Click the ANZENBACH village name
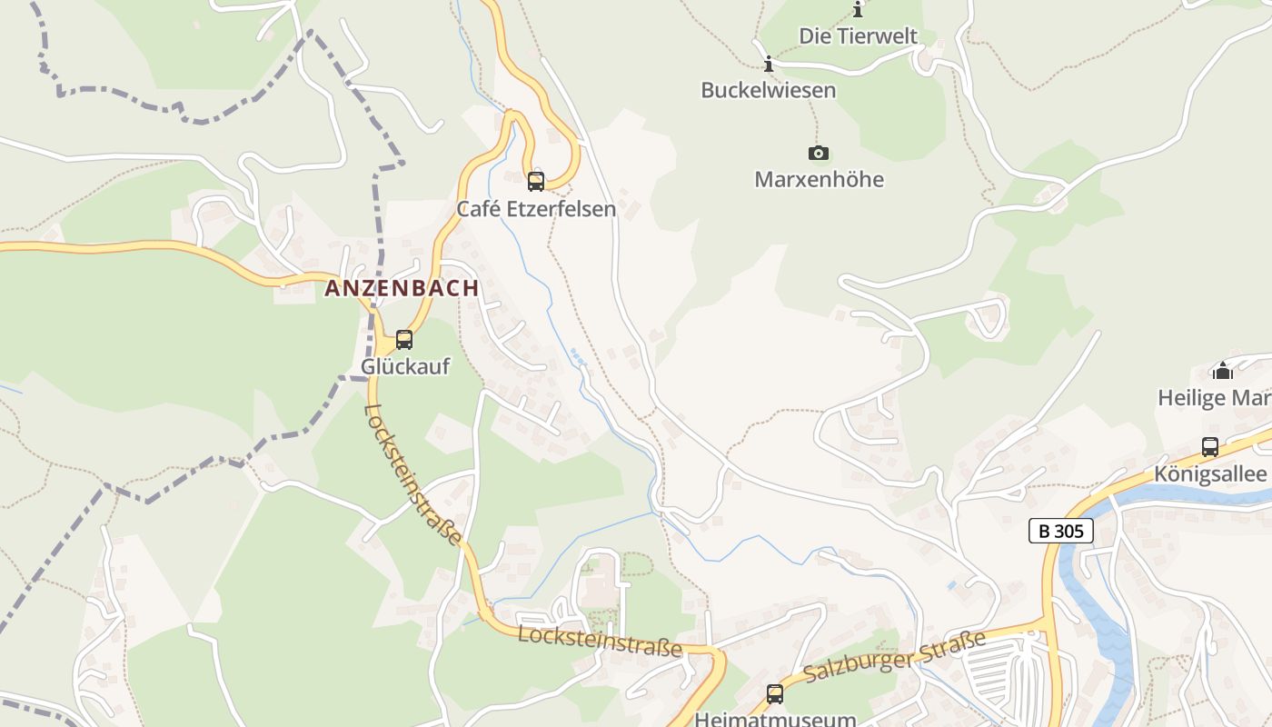pyautogui.click(x=402, y=288)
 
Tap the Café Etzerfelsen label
pyautogui.click(x=536, y=209)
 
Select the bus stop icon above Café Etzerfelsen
pyautogui.click(x=536, y=181)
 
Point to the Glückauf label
pyautogui.click(x=405, y=366)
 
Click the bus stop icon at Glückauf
pyautogui.click(x=404, y=340)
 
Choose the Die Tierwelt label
pyautogui.click(x=858, y=36)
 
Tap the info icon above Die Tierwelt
pyautogui.click(x=858, y=10)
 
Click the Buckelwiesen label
pyautogui.click(x=768, y=90)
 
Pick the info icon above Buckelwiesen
pyautogui.click(x=769, y=64)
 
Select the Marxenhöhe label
pyautogui.click(x=819, y=179)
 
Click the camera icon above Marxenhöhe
pyautogui.click(x=819, y=153)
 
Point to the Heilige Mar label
pyautogui.click(x=1214, y=397)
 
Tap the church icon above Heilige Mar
pyautogui.click(x=1222, y=371)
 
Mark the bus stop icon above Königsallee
pyautogui.click(x=1210, y=447)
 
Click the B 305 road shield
pyautogui.click(x=1060, y=531)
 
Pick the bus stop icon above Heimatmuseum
pyautogui.click(x=775, y=694)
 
